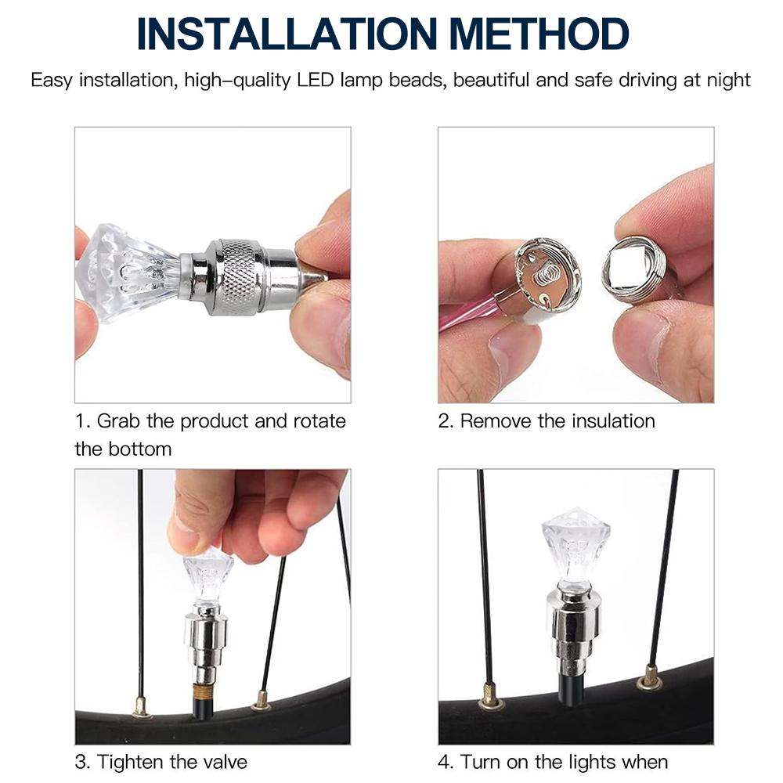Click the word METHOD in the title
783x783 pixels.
coord(539,34)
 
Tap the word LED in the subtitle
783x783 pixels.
coord(315,80)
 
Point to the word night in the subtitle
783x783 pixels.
coord(728,81)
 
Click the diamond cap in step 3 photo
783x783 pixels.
coord(209,573)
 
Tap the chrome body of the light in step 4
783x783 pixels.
coord(574,630)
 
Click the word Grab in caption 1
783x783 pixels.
coord(118,421)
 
